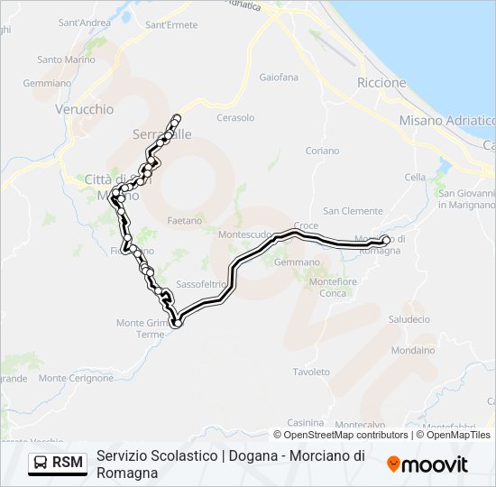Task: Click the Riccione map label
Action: tap(381, 83)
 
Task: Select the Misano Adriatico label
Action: tap(448, 120)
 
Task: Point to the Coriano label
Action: tap(322, 151)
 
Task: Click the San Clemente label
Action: tap(354, 211)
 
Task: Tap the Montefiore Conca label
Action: tap(327, 288)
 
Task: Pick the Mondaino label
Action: tap(413, 350)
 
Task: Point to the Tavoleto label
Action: tap(312, 372)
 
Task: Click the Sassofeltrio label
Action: tap(203, 283)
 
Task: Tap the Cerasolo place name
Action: tap(235, 118)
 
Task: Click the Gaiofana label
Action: tap(279, 78)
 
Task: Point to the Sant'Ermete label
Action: tap(171, 24)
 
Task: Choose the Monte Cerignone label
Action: tap(77, 378)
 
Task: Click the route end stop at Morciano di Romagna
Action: tap(386, 240)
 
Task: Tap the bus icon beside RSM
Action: tap(41, 464)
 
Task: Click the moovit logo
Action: tap(427, 464)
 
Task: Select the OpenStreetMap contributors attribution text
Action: tap(345, 435)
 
